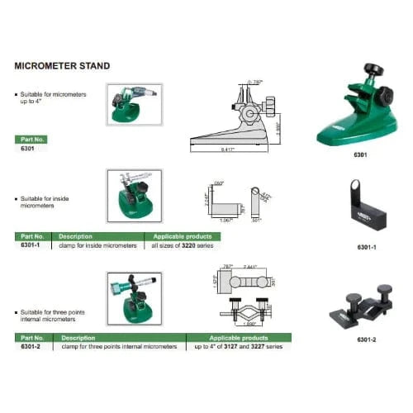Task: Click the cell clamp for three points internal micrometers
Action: [119, 347]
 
